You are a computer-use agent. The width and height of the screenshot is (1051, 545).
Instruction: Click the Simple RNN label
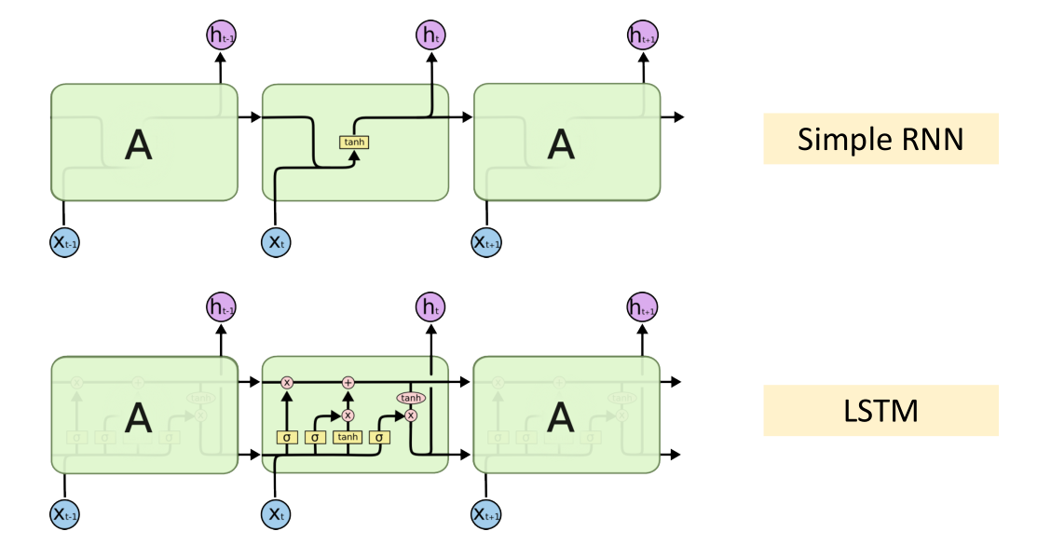coord(880,139)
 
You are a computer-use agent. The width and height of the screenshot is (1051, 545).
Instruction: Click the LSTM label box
coord(880,411)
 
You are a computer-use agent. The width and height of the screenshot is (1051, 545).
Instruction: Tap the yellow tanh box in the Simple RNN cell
coord(354,143)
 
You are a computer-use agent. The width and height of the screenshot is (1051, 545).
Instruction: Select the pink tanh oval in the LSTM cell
coord(410,398)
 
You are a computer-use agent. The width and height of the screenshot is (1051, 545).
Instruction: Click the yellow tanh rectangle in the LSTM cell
coord(348,436)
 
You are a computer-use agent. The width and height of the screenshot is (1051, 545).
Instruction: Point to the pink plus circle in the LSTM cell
coord(348,382)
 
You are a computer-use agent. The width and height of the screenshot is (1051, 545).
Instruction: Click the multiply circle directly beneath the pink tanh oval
coord(410,415)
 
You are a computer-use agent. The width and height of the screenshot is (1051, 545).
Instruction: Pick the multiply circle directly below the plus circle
coord(348,415)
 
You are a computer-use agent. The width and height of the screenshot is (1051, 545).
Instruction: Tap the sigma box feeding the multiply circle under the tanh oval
coord(379,436)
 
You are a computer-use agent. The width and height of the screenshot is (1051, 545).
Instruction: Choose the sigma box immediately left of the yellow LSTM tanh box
coord(316,436)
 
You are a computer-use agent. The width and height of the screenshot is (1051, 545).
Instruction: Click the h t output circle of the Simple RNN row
coord(430,36)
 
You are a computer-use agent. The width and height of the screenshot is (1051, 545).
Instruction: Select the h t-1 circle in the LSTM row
coord(221,307)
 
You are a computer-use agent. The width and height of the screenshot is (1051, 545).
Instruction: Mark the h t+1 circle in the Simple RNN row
coord(642,36)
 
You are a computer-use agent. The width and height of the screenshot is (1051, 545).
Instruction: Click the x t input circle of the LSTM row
coord(275,513)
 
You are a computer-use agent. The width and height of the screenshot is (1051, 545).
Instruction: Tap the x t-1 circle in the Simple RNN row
coord(63,243)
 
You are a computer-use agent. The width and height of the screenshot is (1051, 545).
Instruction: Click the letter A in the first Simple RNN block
coord(138,144)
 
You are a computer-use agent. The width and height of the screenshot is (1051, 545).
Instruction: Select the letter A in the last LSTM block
coord(561,416)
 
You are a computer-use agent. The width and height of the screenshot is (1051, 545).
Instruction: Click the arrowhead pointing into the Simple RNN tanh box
coord(354,155)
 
